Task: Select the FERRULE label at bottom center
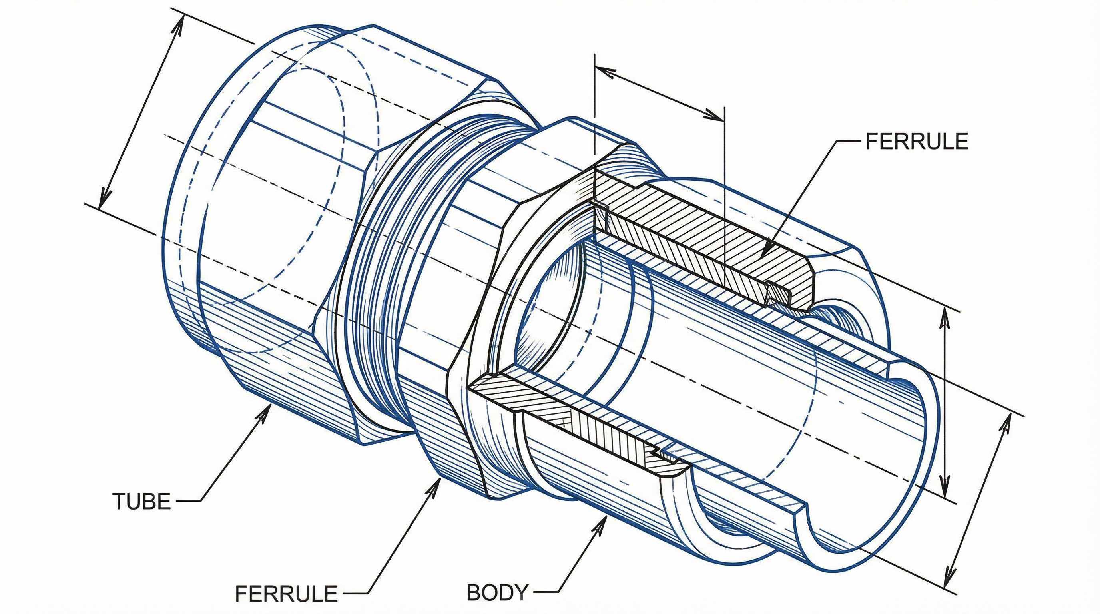[x=286, y=594]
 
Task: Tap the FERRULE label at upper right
[x=917, y=142]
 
